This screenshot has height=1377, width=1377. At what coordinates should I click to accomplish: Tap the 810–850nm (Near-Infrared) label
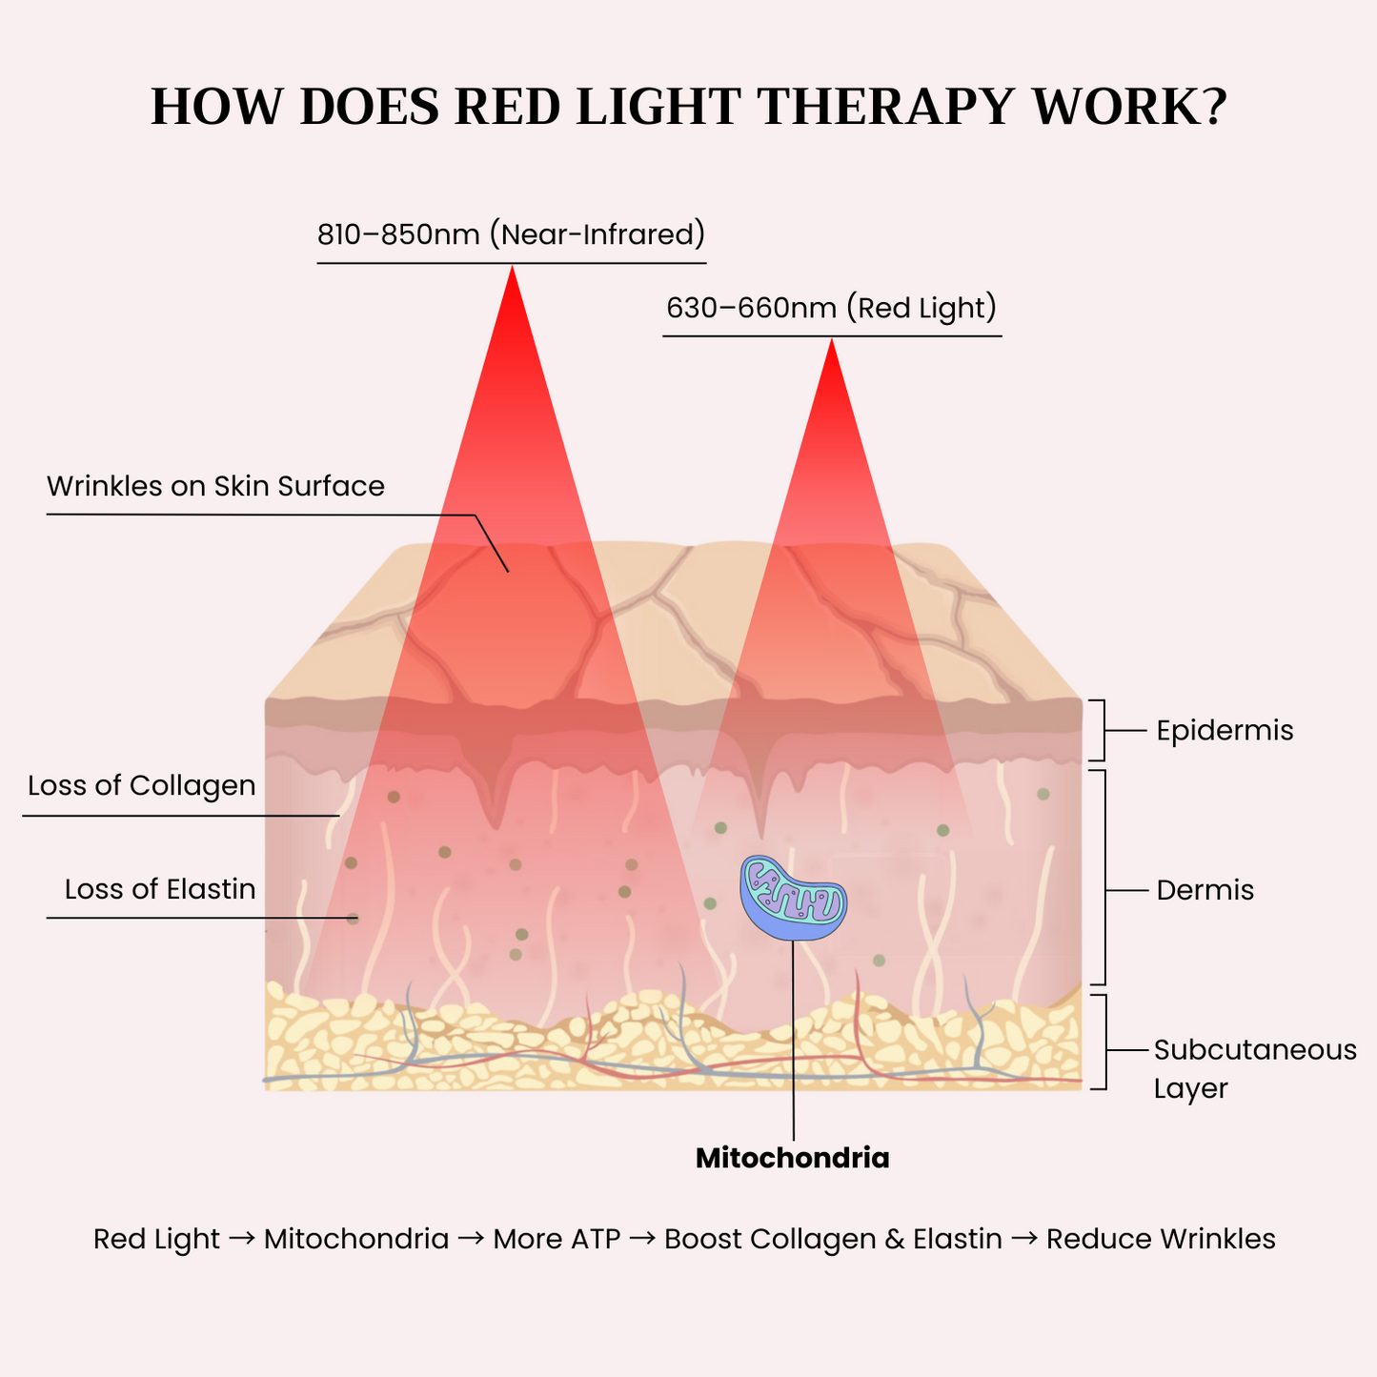[511, 234]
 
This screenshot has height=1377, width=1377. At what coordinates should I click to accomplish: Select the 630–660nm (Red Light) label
[831, 309]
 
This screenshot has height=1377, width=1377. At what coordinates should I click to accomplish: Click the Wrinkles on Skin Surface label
[215, 487]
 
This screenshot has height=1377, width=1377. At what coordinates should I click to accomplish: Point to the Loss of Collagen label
[142, 786]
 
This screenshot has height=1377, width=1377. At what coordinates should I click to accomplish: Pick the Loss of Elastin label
[160, 890]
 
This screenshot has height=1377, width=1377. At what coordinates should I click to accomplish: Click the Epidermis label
[1225, 731]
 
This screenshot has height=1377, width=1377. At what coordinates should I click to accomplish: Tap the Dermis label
[1205, 891]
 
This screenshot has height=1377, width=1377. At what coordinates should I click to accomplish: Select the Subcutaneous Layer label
[1254, 1068]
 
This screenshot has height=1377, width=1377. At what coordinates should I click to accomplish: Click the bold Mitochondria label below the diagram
[792, 1159]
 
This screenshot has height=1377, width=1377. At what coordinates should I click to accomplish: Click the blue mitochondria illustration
[793, 899]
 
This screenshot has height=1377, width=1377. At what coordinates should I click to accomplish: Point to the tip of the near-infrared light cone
[513, 269]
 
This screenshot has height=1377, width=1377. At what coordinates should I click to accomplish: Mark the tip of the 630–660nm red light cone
[831, 342]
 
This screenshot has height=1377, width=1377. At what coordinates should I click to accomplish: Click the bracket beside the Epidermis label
[1102, 731]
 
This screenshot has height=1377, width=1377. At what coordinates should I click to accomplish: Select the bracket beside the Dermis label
[1102, 878]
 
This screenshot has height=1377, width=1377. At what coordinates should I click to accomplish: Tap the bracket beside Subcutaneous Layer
[1102, 1042]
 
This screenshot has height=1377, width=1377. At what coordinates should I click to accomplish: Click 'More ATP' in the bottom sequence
[557, 1240]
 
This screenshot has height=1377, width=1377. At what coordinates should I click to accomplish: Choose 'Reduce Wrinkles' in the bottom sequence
[1161, 1240]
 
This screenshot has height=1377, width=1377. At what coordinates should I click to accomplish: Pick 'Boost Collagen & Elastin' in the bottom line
[833, 1240]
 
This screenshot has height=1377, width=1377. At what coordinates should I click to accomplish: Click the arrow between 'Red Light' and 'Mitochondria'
[242, 1239]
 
